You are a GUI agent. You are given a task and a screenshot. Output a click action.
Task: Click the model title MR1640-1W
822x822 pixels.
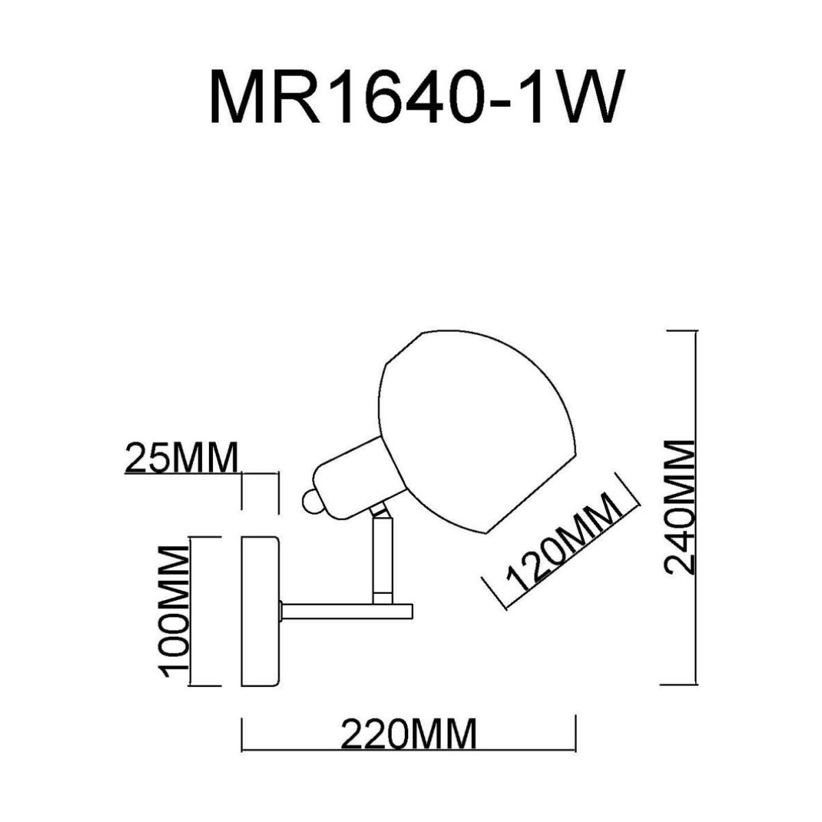tap(416, 97)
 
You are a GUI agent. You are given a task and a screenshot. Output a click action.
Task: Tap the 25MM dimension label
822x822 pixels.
tap(181, 458)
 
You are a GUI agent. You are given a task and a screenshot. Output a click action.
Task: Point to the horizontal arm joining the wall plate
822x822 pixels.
tap(346, 610)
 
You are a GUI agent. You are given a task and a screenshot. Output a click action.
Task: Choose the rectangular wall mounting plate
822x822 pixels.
tap(261, 610)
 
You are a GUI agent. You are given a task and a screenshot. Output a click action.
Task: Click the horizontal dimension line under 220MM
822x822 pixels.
tap(409, 751)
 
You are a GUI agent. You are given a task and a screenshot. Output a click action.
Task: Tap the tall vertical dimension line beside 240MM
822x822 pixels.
tap(696, 507)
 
